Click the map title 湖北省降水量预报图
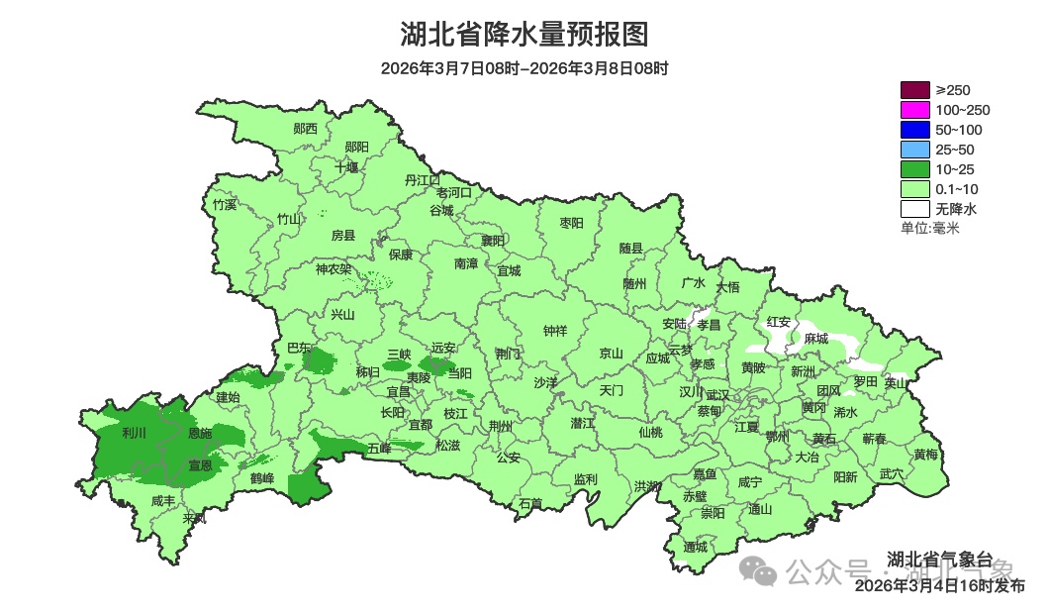(524, 35)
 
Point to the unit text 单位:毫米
(929, 229)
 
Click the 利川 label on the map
(134, 434)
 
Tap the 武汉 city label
(717, 395)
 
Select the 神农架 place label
(334, 269)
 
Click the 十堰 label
(346, 168)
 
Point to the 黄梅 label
(926, 455)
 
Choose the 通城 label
(696, 547)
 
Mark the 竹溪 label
(225, 205)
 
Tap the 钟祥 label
(555, 331)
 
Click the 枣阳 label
(572, 223)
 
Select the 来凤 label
(195, 518)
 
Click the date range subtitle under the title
(524, 68)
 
